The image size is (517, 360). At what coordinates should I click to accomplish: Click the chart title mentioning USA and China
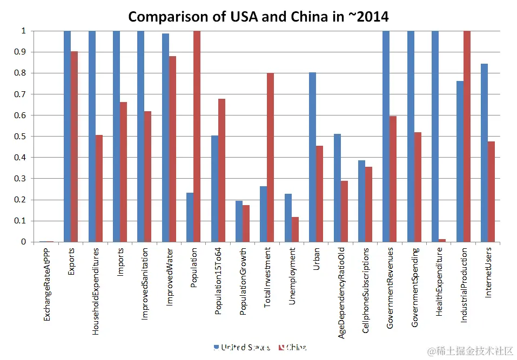point(258,16)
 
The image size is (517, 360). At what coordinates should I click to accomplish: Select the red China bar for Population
point(197,136)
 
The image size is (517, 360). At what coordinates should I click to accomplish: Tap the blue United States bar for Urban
point(312,157)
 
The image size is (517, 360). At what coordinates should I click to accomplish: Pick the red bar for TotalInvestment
point(270,157)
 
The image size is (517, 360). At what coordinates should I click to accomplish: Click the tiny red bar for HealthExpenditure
point(442,240)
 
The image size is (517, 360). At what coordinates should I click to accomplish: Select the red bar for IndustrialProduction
point(466,136)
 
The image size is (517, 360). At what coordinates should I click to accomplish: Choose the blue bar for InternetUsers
point(484,153)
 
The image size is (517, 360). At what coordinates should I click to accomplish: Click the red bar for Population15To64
point(221,170)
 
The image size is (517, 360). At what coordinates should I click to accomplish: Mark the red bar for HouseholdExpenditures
point(99,188)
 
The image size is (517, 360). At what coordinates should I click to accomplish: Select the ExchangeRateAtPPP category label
point(48,285)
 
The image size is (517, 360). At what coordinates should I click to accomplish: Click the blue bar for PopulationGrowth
point(239,221)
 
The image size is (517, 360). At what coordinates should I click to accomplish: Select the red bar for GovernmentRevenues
point(393,179)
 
